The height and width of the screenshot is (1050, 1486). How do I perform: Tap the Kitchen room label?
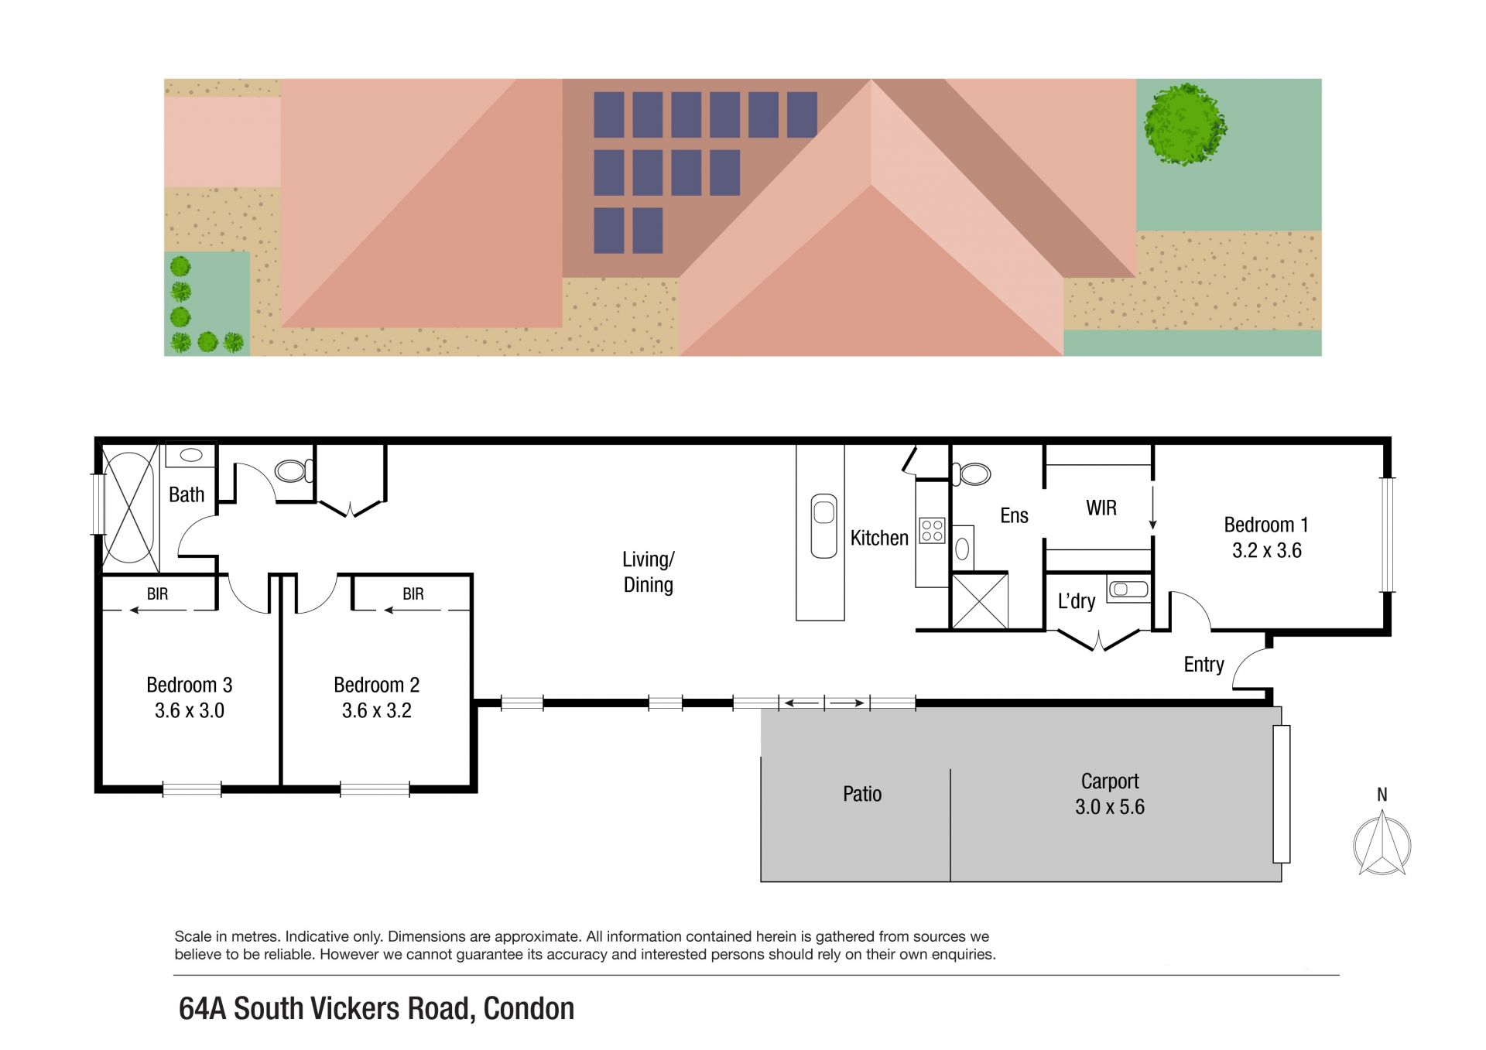click(879, 538)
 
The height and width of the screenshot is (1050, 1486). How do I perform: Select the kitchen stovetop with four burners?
click(933, 530)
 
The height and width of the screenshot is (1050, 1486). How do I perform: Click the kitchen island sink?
click(824, 525)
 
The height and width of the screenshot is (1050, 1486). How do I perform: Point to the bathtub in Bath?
click(129, 508)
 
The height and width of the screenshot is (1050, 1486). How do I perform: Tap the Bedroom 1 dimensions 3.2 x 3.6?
click(1267, 551)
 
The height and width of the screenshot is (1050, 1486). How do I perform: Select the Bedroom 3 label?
click(190, 685)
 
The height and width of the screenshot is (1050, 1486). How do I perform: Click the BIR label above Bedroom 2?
click(413, 593)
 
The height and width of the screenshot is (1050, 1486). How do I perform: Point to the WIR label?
click(1101, 508)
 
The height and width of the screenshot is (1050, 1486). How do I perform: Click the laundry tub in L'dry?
click(1128, 590)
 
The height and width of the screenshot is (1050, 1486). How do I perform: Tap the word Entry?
click(1204, 665)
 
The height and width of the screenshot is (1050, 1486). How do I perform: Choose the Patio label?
click(862, 794)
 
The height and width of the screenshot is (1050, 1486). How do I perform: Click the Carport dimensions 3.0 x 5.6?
click(1110, 807)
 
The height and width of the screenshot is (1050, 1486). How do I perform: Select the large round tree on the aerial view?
click(1185, 125)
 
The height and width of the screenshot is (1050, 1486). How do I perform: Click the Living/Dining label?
click(649, 572)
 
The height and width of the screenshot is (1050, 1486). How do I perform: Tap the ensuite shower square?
click(980, 600)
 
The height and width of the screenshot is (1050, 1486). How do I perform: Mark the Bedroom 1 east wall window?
click(1387, 535)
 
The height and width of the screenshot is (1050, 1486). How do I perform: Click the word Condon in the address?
click(529, 1009)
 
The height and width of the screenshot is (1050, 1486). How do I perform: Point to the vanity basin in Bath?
click(191, 455)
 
